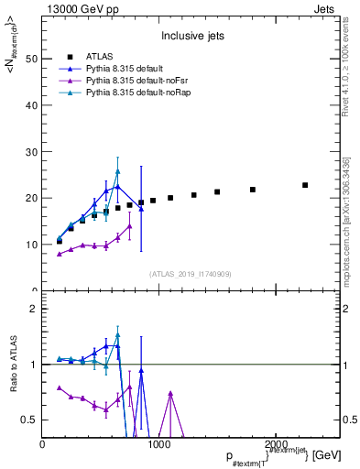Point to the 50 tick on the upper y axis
30,59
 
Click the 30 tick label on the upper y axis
30,151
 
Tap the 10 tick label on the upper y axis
30,245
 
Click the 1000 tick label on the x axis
159,443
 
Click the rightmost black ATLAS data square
305,185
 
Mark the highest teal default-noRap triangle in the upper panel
117,171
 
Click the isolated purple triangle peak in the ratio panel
170,393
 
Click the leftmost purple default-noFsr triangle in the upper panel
60,254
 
